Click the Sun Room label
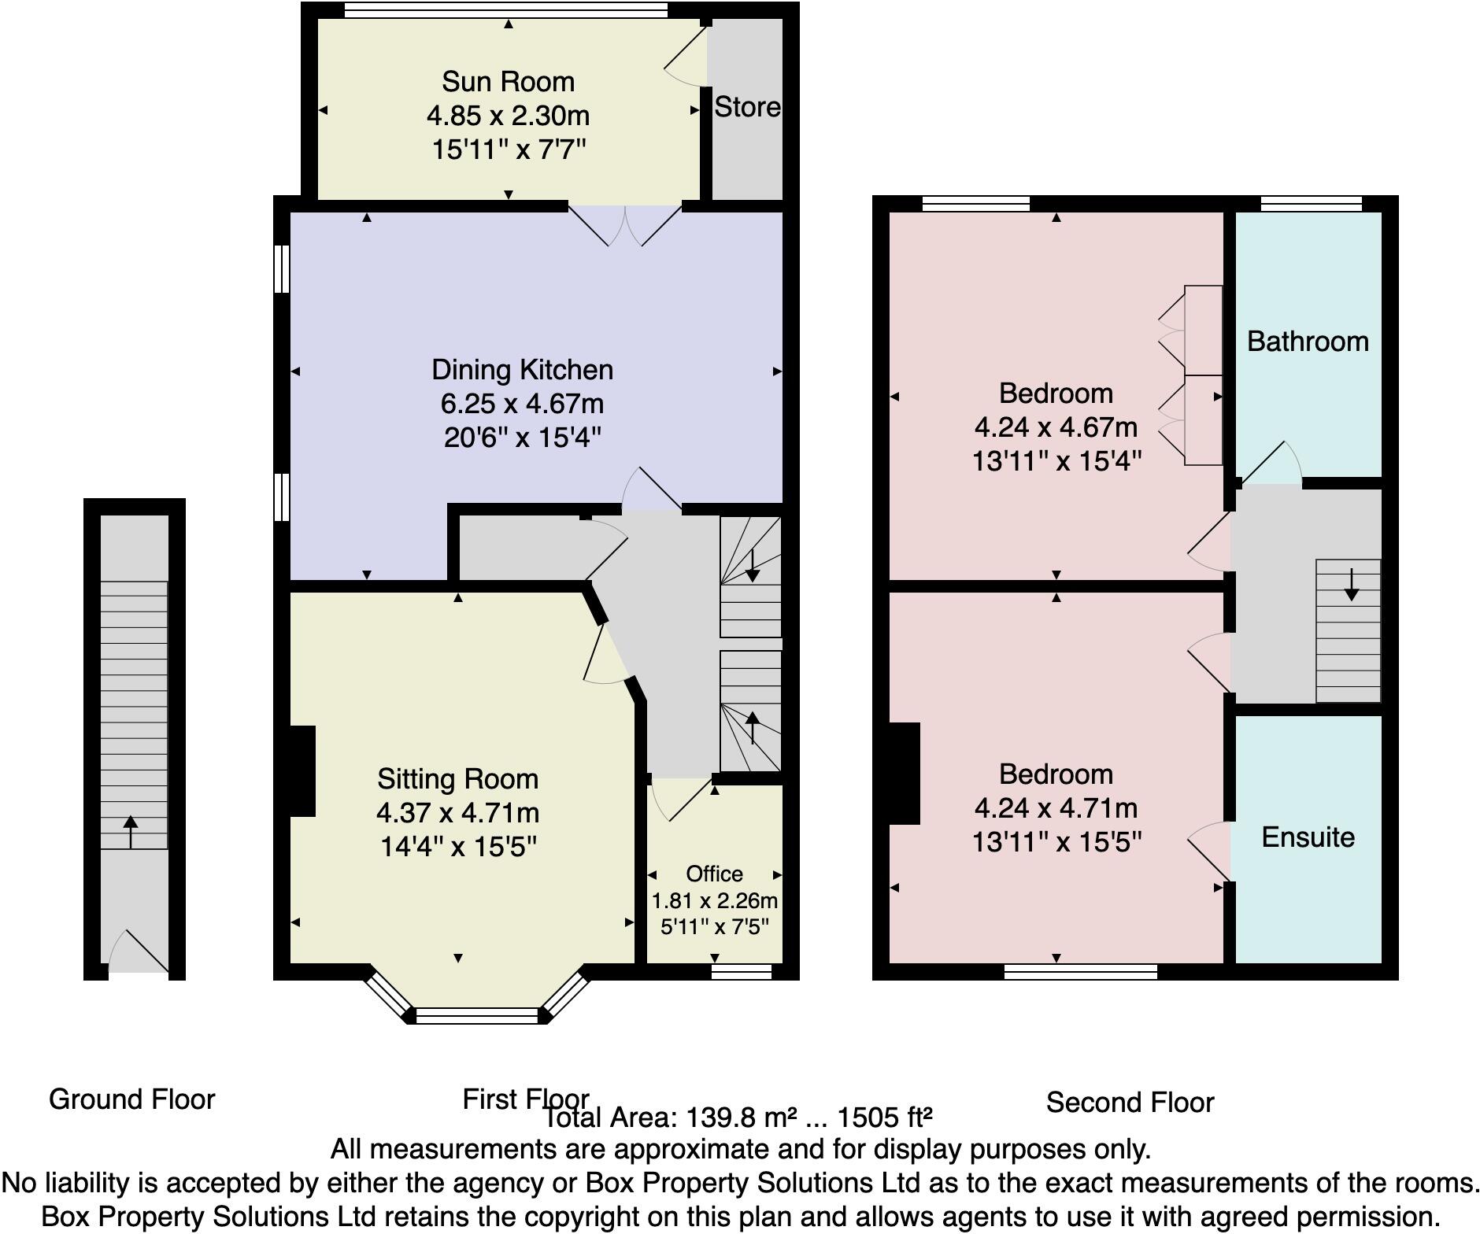508,82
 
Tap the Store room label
746,107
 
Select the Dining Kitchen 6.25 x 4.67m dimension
522,404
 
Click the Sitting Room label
457,779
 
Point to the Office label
714,874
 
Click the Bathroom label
1308,342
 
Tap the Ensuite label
1308,837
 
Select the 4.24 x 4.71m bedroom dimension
1056,808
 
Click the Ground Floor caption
131,1099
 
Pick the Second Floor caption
1130,1103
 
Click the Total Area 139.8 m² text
738,1118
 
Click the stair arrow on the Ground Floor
131,832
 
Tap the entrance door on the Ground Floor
140,952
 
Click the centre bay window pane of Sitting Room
478,1016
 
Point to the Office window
741,972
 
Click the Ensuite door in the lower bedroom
1208,850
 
